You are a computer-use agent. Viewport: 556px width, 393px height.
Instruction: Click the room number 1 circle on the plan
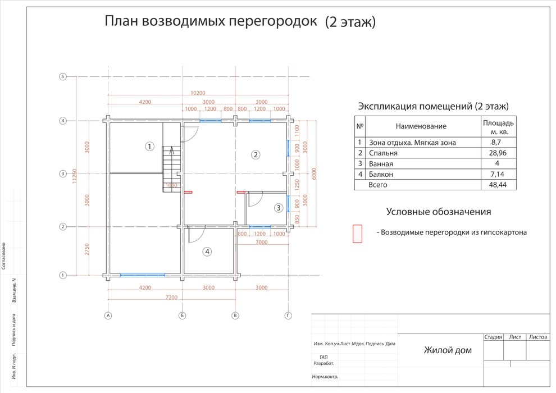tap(149, 147)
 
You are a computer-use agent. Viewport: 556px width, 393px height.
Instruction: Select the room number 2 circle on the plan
tap(256, 154)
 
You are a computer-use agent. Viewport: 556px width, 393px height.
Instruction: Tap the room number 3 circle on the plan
tap(279, 208)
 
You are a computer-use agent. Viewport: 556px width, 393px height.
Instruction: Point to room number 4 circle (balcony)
tap(207, 252)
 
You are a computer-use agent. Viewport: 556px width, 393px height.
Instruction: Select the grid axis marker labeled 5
tap(63, 77)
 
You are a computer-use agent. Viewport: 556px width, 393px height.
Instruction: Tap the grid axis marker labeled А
tap(108, 316)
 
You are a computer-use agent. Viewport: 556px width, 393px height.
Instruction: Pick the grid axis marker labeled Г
tap(288, 316)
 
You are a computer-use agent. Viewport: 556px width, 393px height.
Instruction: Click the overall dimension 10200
tap(198, 93)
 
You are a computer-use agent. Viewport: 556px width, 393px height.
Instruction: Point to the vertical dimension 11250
tap(75, 175)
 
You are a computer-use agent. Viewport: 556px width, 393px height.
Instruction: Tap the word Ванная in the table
tap(381, 163)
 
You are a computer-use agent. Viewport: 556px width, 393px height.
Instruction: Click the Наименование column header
tap(421, 126)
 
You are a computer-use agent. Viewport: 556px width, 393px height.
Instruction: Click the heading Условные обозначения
tap(439, 212)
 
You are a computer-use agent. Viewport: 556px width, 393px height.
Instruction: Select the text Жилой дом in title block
tap(448, 351)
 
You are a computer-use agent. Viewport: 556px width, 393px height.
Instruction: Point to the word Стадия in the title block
tap(493, 337)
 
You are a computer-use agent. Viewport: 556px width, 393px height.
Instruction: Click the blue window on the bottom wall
tap(143, 275)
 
